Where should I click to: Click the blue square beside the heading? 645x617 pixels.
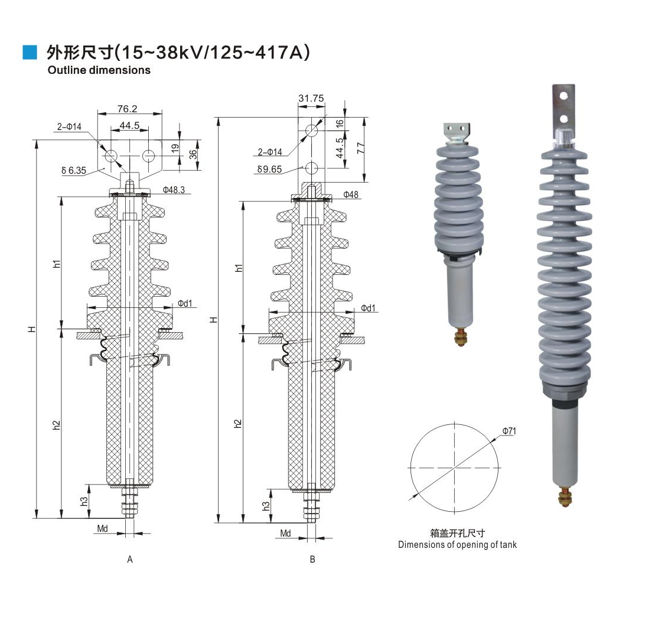click(x=30, y=52)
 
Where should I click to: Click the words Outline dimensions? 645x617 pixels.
click(x=99, y=70)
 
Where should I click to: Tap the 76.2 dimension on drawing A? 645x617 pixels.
click(x=127, y=109)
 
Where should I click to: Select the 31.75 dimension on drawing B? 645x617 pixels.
click(x=311, y=98)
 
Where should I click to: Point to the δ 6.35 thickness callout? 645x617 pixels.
click(x=74, y=170)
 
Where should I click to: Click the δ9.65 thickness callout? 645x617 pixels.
click(x=269, y=169)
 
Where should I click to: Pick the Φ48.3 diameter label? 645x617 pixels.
click(x=174, y=190)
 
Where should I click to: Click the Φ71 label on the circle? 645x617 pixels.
click(x=509, y=431)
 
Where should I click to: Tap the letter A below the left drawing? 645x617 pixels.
click(x=130, y=559)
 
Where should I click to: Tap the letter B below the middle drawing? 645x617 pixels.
click(x=312, y=559)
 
